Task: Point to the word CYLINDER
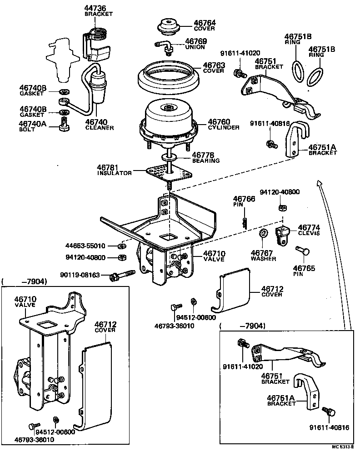[x=223, y=128]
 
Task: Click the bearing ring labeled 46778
[x=169, y=157]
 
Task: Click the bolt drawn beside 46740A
[x=64, y=123]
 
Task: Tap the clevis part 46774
[x=282, y=232]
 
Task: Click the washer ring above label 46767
[x=263, y=234]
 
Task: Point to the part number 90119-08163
[x=80, y=275]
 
